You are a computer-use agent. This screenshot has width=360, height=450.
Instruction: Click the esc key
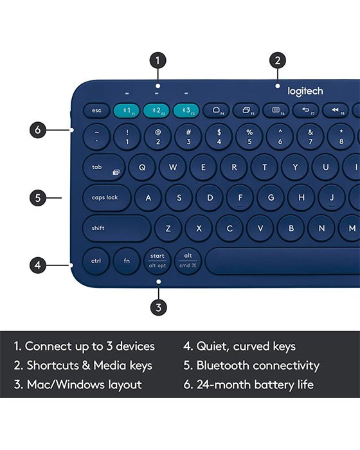(x=96, y=111)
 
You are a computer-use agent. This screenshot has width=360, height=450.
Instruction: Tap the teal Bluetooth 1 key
(x=127, y=111)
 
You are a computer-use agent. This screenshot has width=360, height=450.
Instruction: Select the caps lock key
(x=106, y=197)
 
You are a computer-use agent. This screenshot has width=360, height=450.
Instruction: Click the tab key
(x=104, y=167)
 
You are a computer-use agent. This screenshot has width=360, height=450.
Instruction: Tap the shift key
(x=116, y=228)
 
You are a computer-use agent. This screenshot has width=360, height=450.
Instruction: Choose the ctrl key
(x=96, y=261)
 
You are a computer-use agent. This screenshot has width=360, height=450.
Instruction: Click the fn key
(x=127, y=261)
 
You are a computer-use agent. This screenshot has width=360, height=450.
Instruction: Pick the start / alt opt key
(x=157, y=260)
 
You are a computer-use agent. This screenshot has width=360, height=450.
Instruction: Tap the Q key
(x=142, y=167)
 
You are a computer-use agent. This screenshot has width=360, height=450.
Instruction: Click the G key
(x=271, y=197)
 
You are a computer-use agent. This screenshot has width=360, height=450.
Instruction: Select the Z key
(x=168, y=228)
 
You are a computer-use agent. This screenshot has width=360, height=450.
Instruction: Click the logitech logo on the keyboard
(x=305, y=91)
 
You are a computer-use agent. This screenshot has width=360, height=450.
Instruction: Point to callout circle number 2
(x=277, y=60)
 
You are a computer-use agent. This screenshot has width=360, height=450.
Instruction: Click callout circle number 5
(x=38, y=197)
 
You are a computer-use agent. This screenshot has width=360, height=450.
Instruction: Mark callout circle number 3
(x=158, y=307)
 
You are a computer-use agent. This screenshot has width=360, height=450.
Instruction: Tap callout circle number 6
(x=38, y=130)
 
